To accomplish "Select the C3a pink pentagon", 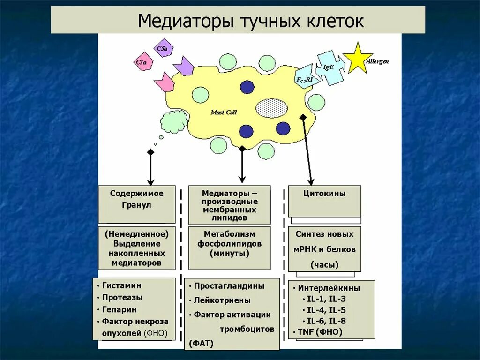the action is (142, 63).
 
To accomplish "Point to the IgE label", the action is (329, 67).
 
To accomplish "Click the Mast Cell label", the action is (224, 112).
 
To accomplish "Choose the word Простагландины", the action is (229, 285).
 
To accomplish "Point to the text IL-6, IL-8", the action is (326, 321).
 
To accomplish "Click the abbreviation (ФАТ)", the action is (201, 344).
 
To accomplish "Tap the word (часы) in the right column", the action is (324, 265).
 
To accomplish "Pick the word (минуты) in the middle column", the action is (229, 254).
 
